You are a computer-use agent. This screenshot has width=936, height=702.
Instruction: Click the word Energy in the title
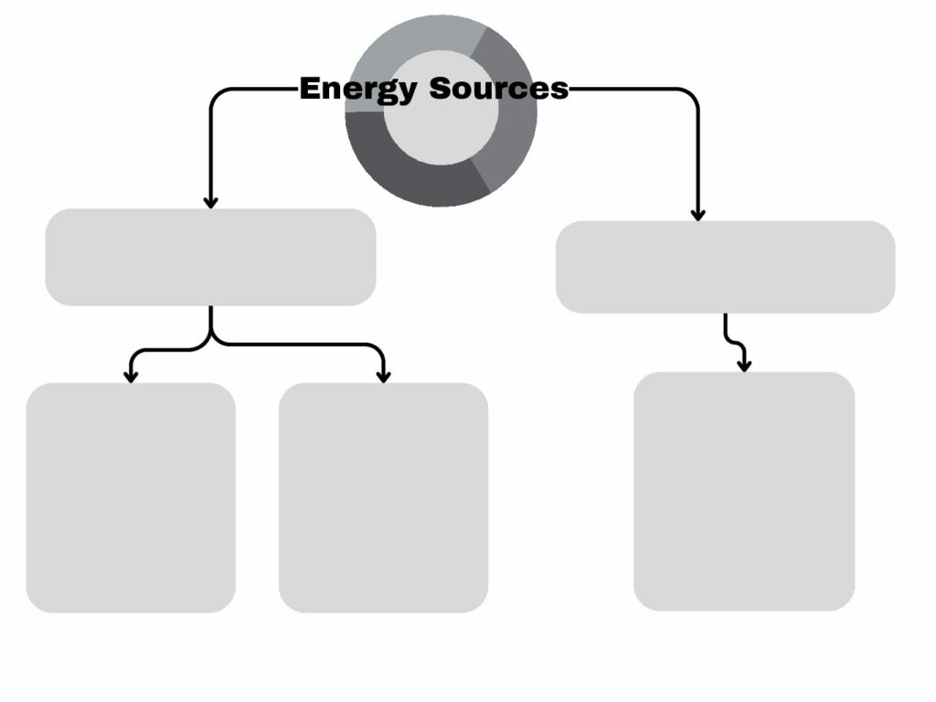tap(357, 90)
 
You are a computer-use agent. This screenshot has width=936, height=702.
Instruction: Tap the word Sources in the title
tap(498, 89)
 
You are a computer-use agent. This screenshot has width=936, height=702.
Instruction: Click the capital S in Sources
tap(441, 89)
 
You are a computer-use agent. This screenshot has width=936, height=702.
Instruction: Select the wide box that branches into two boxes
tap(211, 257)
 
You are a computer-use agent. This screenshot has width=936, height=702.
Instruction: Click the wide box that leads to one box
tap(725, 267)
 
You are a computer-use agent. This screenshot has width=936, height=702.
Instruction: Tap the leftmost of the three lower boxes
tap(131, 498)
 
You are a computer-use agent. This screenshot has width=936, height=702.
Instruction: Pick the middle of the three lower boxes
tap(383, 498)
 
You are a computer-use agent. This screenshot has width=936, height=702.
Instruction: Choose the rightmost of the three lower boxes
tap(744, 491)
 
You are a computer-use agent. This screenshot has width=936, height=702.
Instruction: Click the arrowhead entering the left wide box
tap(210, 202)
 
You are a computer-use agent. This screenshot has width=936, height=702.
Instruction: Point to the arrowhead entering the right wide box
tap(697, 214)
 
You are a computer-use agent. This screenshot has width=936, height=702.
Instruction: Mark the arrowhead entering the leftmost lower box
tap(131, 376)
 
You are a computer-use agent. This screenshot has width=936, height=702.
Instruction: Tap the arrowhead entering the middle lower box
tap(384, 376)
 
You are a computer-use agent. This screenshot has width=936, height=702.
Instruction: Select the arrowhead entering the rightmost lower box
tap(744, 366)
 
